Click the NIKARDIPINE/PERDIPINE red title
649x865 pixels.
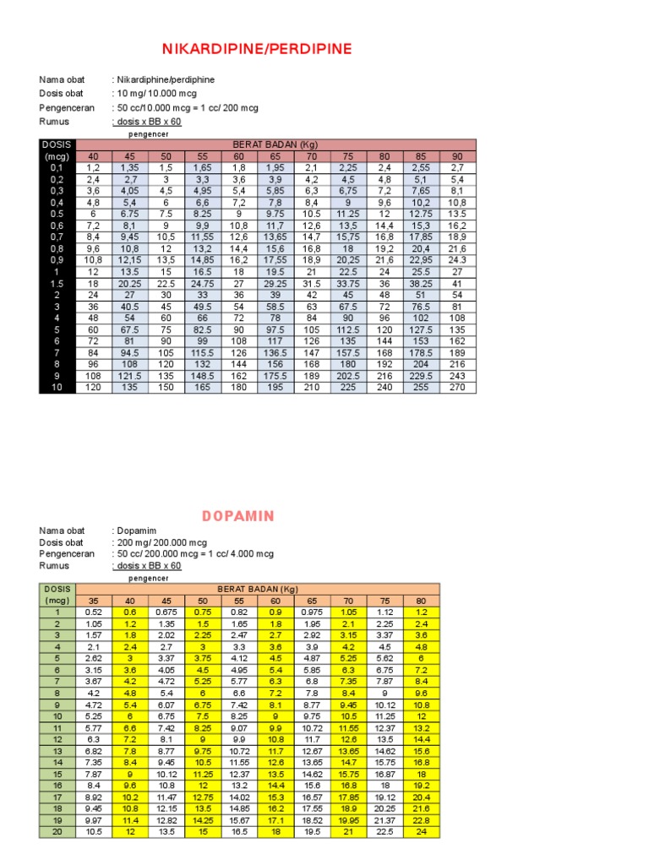256,49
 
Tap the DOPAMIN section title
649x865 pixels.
237,515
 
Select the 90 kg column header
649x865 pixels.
456,156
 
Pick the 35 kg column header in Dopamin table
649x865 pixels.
93,601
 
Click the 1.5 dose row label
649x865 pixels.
57,284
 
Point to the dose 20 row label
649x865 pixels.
57,831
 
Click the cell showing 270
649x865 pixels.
456,388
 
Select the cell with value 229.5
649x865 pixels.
420,376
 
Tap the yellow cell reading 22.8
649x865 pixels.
421,819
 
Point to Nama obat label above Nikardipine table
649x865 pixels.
62,79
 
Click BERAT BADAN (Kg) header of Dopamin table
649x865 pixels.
258,589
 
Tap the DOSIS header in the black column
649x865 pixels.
57,144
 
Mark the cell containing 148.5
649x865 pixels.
203,376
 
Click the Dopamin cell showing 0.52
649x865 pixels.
93,612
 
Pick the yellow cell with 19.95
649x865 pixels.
348,819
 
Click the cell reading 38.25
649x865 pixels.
420,284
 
